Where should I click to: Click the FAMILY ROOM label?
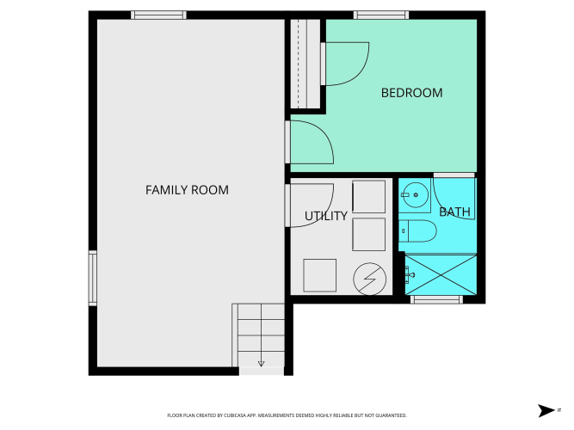coord(187,190)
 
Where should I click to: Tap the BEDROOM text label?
coord(412,93)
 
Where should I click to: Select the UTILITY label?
coord(326,216)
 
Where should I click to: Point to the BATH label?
coord(454,212)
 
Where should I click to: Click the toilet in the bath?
coord(417,231)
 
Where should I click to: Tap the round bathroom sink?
coord(415,195)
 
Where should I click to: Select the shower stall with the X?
coord(441,275)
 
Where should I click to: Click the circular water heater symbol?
coord(370,279)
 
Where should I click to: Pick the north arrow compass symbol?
coord(546,410)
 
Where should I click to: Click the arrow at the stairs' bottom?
coord(261,364)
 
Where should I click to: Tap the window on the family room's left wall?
coord(93,278)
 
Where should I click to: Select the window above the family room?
coord(158,15)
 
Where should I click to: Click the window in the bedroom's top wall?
coord(381,15)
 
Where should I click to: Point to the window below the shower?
coord(436,299)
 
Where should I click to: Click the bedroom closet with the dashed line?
coord(306,64)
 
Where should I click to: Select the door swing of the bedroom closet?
coord(345,64)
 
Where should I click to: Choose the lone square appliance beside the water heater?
coord(319,275)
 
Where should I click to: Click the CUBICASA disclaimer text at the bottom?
coord(287,415)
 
